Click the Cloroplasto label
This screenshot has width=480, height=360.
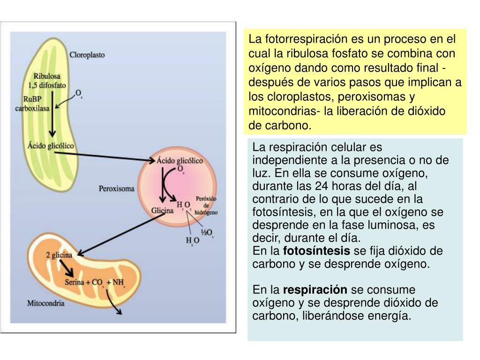87,54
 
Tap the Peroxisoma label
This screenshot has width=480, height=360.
116,189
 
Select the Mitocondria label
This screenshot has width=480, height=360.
45,303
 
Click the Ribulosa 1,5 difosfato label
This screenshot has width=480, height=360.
49,80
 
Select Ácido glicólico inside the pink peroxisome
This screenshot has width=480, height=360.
180,160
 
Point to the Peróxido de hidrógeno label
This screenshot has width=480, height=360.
206,205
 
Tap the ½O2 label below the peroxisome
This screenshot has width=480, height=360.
206,232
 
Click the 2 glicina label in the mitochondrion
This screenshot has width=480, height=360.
59,255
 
